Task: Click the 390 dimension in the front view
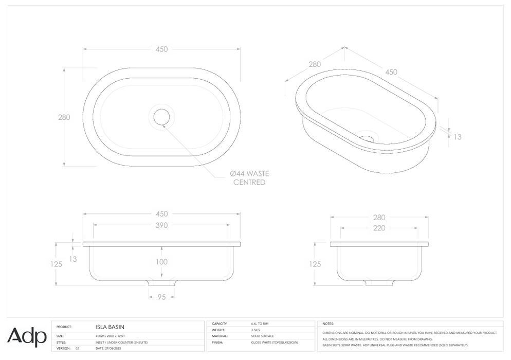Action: tap(161, 225)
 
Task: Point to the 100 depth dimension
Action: tap(161, 262)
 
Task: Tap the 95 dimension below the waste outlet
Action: tap(161, 297)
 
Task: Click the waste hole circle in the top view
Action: tap(161, 117)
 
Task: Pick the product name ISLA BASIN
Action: tap(109, 327)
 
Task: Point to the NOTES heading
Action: tap(328, 324)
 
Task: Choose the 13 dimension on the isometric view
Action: tap(458, 137)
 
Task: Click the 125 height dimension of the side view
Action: tap(315, 264)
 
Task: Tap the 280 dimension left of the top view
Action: tap(64, 117)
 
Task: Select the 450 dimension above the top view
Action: tap(161, 49)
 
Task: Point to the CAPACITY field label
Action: tap(220, 324)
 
